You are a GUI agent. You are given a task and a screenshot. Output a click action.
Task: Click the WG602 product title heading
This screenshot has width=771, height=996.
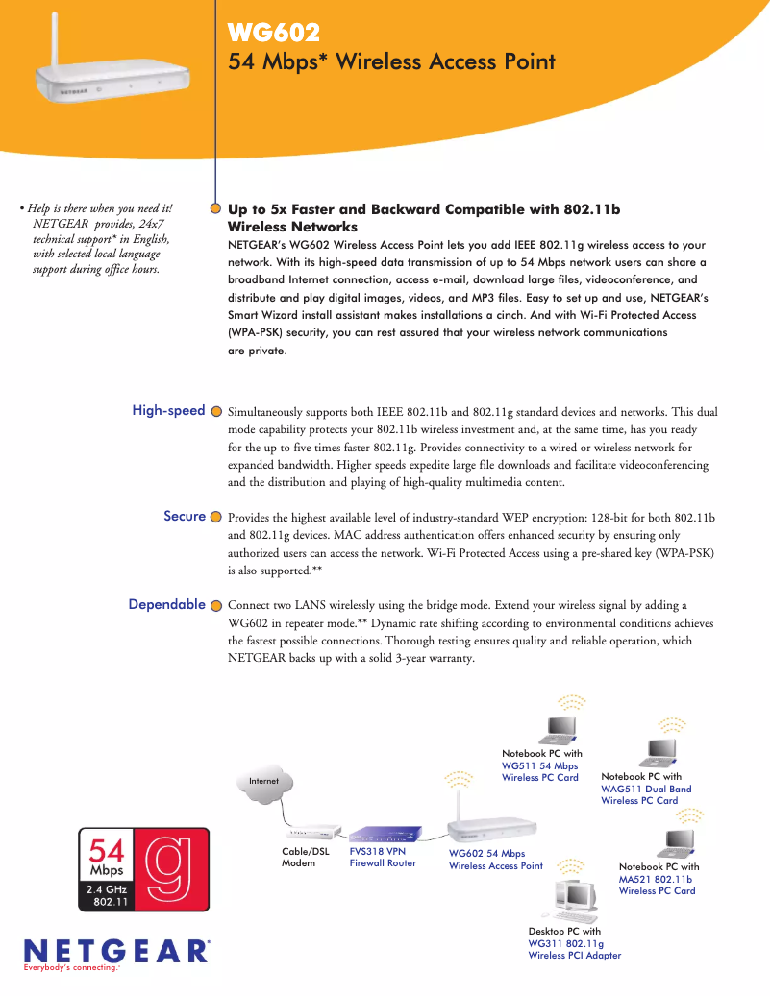click(x=273, y=35)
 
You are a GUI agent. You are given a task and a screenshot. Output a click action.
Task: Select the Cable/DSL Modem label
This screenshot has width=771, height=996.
click(x=305, y=857)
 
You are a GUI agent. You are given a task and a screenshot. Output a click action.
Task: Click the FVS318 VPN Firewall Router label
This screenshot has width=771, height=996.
click(x=383, y=857)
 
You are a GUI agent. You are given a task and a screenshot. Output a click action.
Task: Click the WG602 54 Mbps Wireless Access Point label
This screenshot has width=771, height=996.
click(x=495, y=860)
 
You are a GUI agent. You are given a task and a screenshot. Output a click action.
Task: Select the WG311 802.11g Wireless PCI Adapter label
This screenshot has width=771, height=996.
click(x=574, y=949)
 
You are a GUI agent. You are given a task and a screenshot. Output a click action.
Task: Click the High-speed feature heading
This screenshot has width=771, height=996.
click(x=168, y=411)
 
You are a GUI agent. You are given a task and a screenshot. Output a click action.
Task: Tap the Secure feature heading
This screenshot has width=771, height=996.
click(x=185, y=517)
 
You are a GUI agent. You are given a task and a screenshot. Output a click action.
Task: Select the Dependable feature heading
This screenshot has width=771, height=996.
click(x=166, y=605)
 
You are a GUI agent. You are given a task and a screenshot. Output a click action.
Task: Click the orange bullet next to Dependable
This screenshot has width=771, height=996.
click(x=216, y=606)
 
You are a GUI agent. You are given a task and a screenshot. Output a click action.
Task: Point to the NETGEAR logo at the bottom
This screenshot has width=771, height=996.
click(x=115, y=951)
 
